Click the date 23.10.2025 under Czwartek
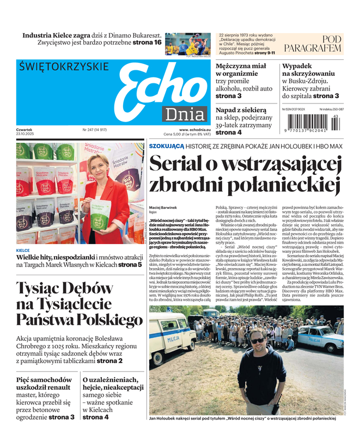26,134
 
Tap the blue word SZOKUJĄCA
167,146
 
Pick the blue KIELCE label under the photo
23,250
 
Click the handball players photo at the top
187,43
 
